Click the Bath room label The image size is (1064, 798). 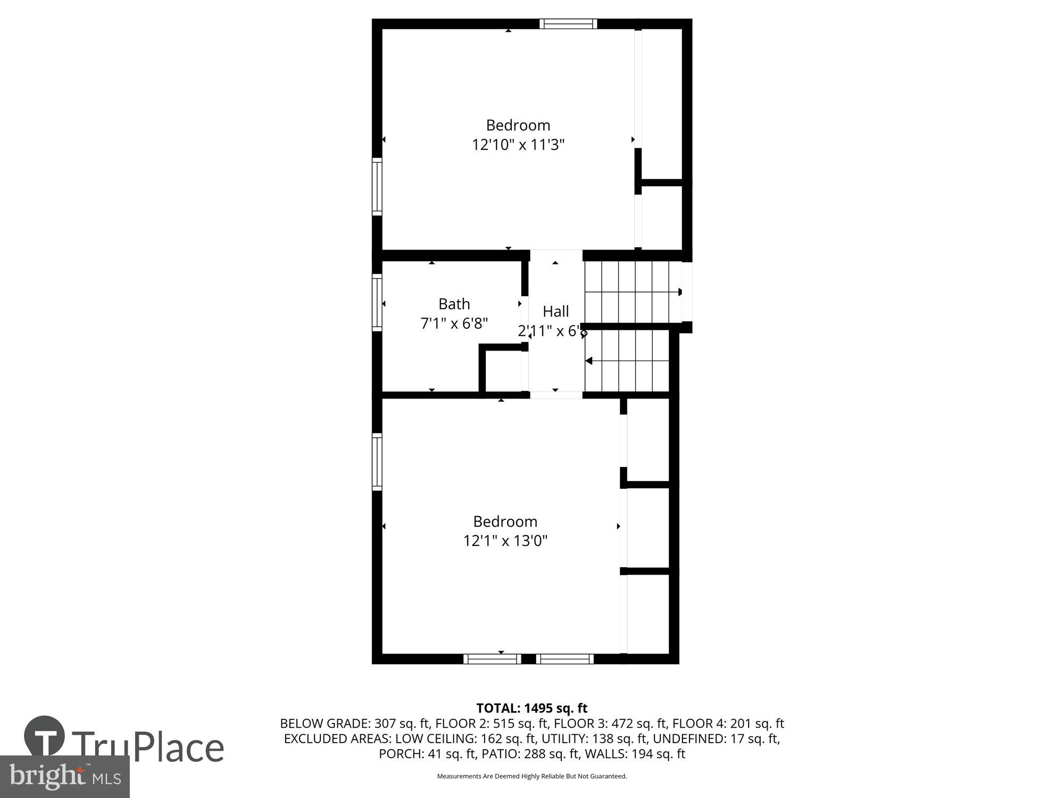[x=454, y=304]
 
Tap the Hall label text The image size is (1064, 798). [x=555, y=311]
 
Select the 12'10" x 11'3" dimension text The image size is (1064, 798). [x=518, y=145]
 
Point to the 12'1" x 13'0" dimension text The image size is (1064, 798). [x=505, y=541]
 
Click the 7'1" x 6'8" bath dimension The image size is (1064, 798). [x=454, y=323]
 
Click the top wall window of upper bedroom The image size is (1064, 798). [x=568, y=24]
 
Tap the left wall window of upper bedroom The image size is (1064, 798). [x=377, y=186]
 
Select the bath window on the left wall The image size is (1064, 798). [x=377, y=302]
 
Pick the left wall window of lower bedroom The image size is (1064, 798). [x=377, y=461]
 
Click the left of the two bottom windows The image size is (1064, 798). [x=492, y=659]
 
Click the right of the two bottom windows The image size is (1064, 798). [x=564, y=659]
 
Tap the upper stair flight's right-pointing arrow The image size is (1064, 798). [x=679, y=292]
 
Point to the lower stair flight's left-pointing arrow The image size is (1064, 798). [x=589, y=361]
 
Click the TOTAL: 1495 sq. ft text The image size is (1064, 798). [x=531, y=708]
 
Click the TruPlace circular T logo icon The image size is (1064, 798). [x=45, y=737]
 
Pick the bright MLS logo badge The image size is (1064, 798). [x=64, y=777]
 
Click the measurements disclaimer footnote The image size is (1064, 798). [x=531, y=776]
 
